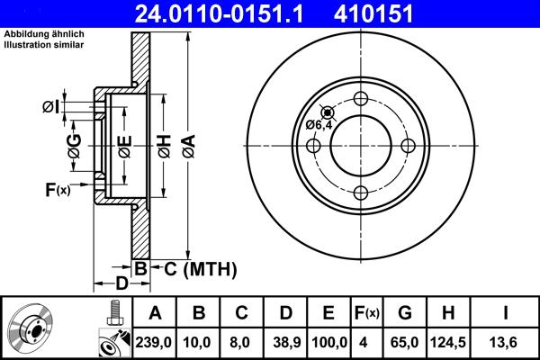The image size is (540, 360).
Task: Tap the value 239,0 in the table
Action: pyautogui.click(x=155, y=343)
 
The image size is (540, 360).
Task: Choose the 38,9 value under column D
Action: pyautogui.click(x=286, y=343)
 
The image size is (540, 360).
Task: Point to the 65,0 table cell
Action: pyautogui.click(x=405, y=343)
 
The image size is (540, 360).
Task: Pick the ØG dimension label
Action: pyautogui.click(x=76, y=143)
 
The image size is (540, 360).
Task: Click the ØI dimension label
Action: pyautogui.click(x=51, y=108)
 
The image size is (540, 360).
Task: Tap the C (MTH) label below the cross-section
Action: pyautogui.click(x=193, y=268)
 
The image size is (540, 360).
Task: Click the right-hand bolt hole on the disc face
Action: pyautogui.click(x=408, y=146)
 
